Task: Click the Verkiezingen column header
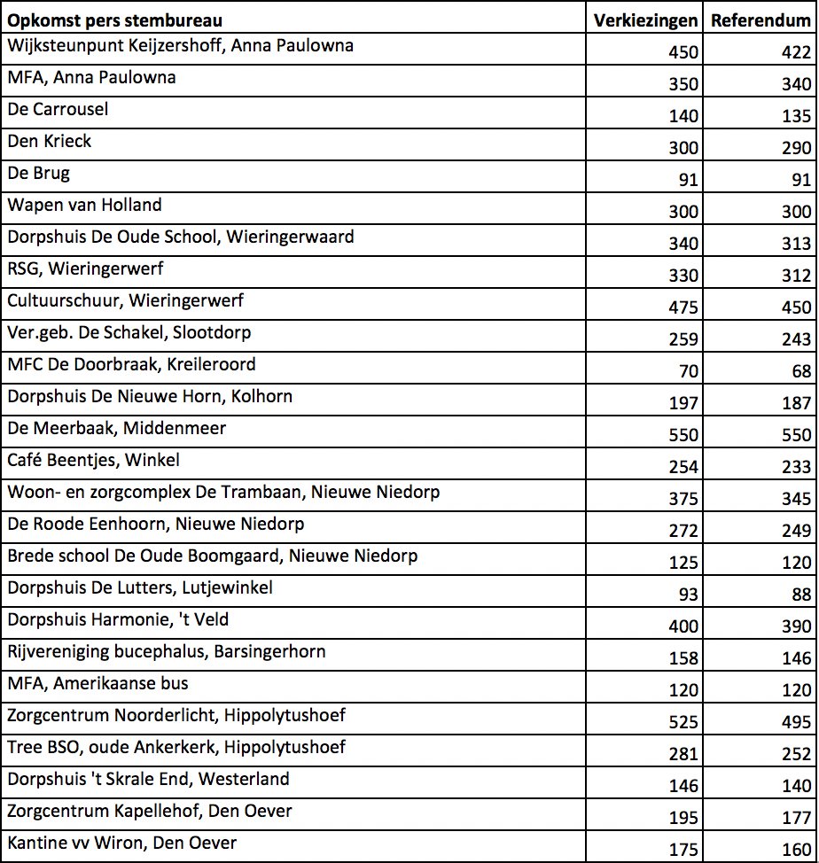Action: pyautogui.click(x=645, y=20)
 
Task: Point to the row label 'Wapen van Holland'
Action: pyautogui.click(x=84, y=206)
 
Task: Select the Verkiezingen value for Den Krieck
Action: pyautogui.click(x=683, y=148)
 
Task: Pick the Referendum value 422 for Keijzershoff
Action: pyautogui.click(x=796, y=52)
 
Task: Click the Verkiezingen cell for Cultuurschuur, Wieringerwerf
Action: pyautogui.click(x=683, y=307)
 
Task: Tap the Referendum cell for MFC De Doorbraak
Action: pyautogui.click(x=801, y=371)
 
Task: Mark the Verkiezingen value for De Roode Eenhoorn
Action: pyautogui.click(x=683, y=531)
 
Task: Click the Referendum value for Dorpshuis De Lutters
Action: pyautogui.click(x=801, y=595)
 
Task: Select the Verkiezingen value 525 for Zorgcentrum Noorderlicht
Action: pyautogui.click(x=683, y=722)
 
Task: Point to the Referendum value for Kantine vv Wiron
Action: pyautogui.click(x=796, y=850)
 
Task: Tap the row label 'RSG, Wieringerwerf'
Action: pyautogui.click(x=85, y=269)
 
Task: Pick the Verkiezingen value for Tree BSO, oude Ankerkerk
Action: pyautogui.click(x=683, y=754)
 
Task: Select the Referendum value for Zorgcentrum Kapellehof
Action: pyautogui.click(x=796, y=818)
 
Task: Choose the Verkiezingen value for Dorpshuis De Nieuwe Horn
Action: pyautogui.click(x=683, y=403)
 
